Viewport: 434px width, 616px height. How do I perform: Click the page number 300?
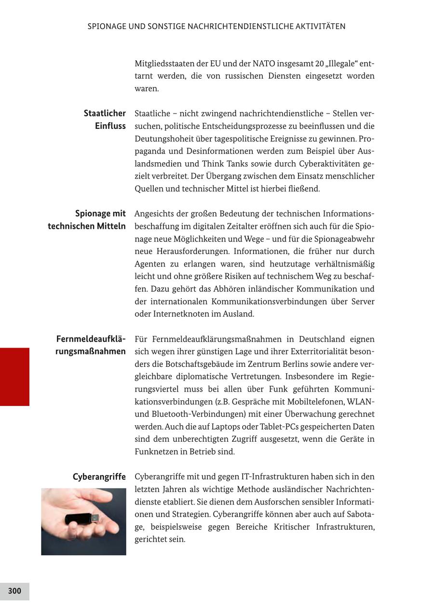coord(14,591)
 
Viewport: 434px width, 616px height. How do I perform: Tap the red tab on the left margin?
coord(14,377)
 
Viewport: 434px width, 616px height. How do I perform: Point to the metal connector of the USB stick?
coord(95,518)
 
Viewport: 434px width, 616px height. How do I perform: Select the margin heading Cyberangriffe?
coord(99,477)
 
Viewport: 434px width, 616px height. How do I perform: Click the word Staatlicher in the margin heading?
coord(105,113)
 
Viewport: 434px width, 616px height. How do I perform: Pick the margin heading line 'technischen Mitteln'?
coord(87,226)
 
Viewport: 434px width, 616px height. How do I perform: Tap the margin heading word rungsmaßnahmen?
coord(91,351)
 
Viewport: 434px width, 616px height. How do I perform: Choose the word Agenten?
coord(150,264)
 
